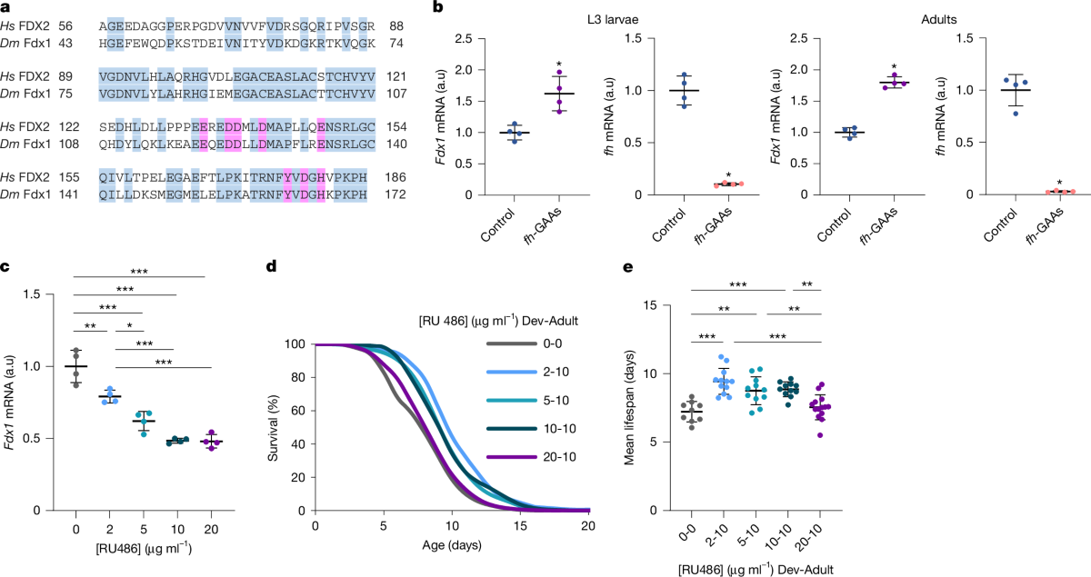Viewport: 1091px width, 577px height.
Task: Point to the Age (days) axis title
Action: tap(451, 546)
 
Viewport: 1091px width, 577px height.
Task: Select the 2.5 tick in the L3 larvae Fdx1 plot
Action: tap(466, 39)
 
